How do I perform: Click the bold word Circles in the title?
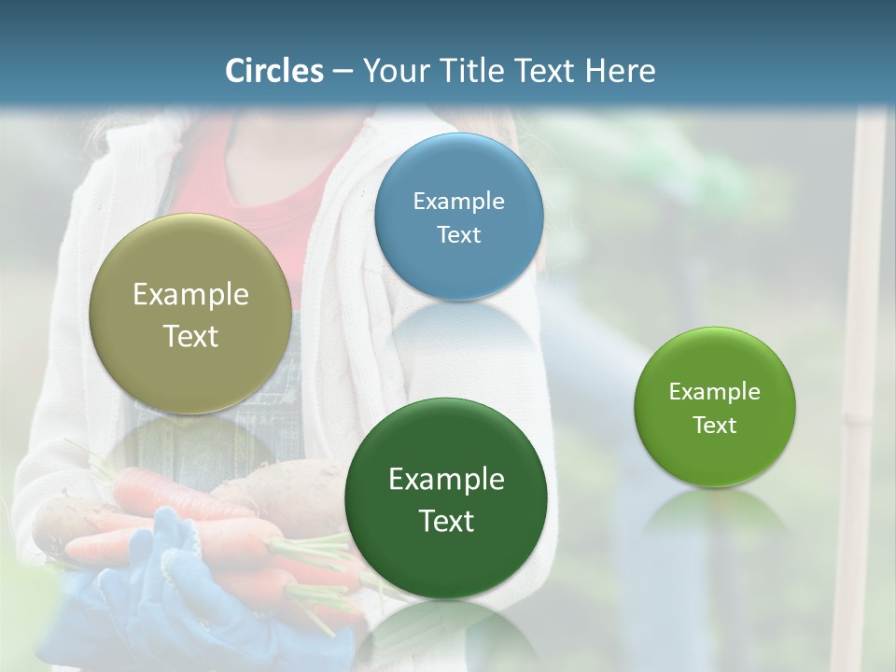(x=274, y=71)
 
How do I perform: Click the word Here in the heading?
(x=621, y=71)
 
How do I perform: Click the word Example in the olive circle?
(x=190, y=295)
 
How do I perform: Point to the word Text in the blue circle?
(x=458, y=235)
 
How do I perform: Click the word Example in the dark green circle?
(x=446, y=480)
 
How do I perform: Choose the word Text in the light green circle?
(x=715, y=426)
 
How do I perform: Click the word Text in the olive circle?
(x=190, y=337)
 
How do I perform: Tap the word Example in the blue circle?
(x=458, y=202)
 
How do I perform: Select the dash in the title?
(x=343, y=72)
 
